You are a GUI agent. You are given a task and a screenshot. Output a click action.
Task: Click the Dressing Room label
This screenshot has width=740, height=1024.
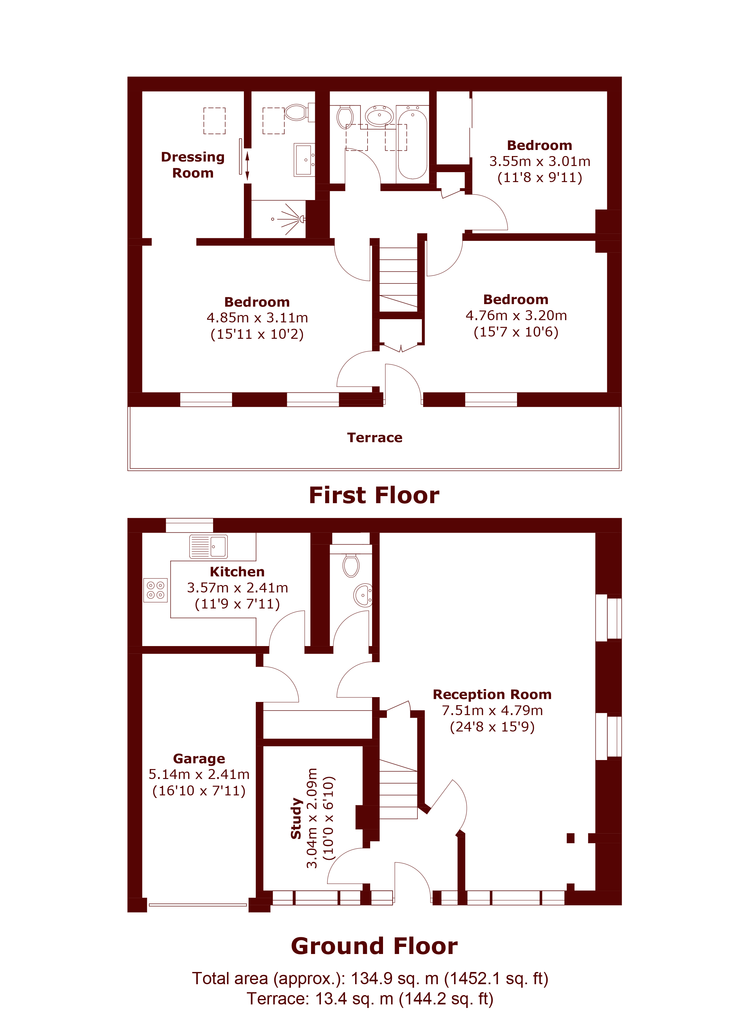tap(193, 165)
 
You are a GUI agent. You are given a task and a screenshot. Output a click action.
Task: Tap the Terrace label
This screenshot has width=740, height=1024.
tap(375, 437)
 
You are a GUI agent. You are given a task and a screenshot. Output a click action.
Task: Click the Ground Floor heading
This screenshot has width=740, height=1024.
tap(374, 946)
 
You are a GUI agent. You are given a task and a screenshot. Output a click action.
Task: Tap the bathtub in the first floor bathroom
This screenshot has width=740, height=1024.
tap(412, 144)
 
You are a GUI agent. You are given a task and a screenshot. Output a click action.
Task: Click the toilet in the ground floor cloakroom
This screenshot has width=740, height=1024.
tap(351, 566)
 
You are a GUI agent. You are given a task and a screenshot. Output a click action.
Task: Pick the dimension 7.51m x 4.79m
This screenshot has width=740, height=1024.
tap(492, 710)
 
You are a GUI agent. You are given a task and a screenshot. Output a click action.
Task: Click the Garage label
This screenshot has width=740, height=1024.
tap(199, 758)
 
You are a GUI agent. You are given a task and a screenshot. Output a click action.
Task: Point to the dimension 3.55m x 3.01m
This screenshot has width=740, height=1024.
tap(539, 161)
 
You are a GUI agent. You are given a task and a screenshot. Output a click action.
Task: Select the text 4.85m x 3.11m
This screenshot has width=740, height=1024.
tap(257, 318)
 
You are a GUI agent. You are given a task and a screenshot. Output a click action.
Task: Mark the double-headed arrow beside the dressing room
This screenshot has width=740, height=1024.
tap(247, 166)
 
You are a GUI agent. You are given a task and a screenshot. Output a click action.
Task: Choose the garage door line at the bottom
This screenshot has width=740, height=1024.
tap(198, 905)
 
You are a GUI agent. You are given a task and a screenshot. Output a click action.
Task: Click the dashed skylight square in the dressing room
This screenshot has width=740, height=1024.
tap(214, 120)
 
